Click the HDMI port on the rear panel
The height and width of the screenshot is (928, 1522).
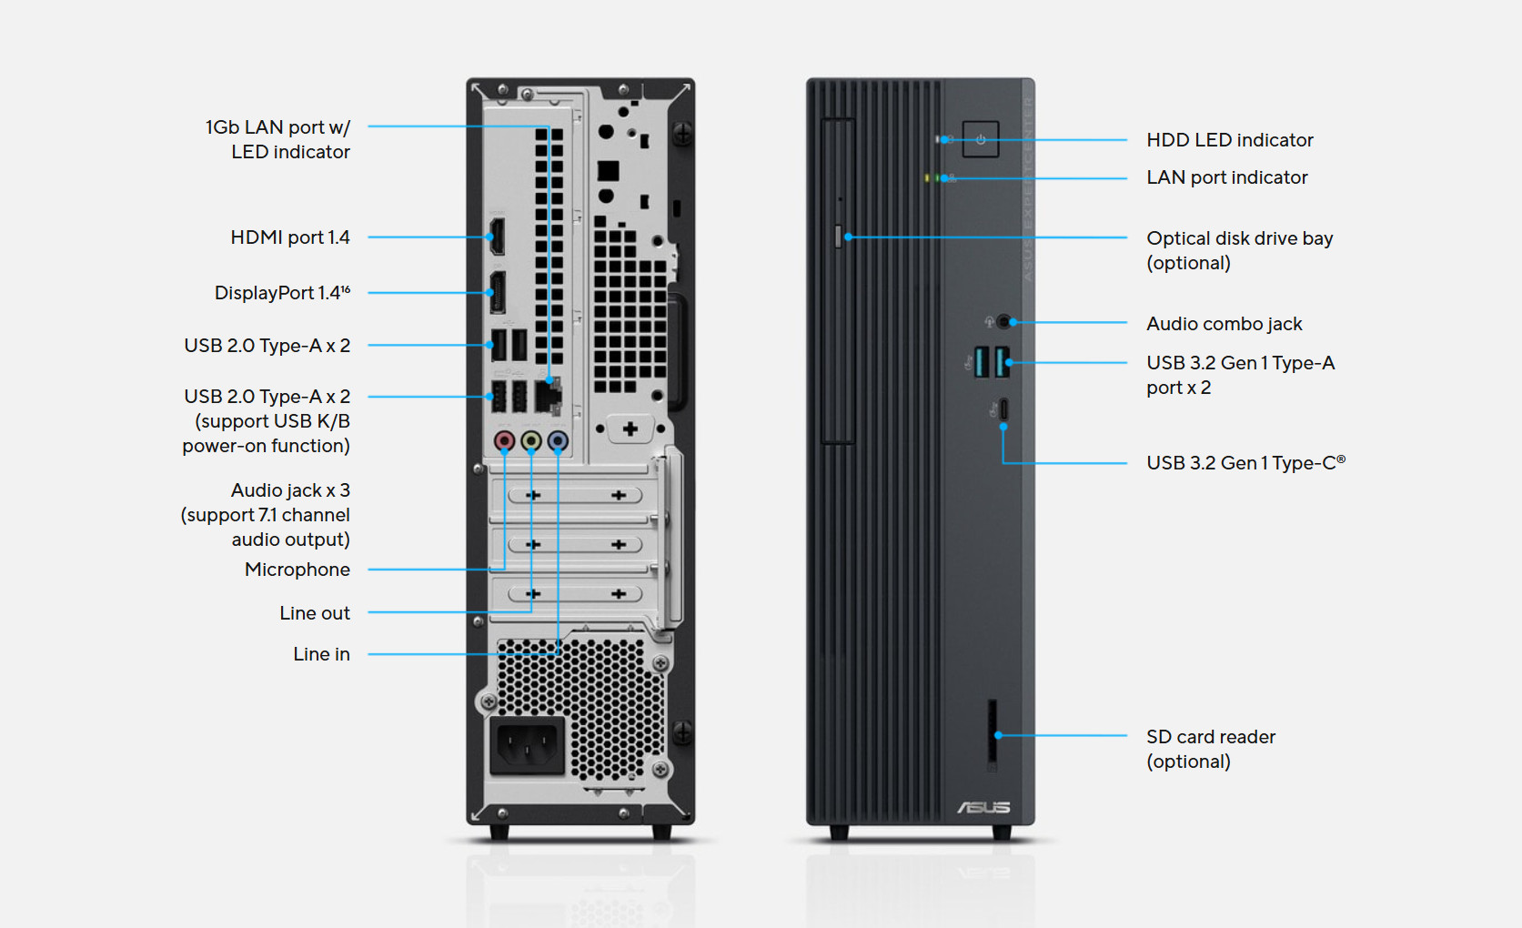tap(497, 237)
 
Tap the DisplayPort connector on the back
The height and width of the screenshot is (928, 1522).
tap(498, 292)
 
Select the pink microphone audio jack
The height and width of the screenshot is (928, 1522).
tap(504, 441)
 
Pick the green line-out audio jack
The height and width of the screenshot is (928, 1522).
tap(531, 441)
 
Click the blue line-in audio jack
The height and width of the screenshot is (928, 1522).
tap(558, 441)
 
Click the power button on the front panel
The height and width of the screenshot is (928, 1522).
tap(981, 139)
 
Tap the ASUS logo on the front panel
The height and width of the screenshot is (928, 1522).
tap(983, 807)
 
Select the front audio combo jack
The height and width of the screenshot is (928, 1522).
tap(1003, 321)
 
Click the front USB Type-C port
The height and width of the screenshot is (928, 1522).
tap(1003, 409)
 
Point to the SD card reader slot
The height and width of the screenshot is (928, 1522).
tap(993, 733)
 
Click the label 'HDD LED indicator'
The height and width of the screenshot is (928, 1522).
tap(1229, 140)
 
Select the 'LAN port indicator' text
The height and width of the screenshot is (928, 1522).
tap(1226, 177)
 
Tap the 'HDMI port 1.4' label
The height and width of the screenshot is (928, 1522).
tap(289, 237)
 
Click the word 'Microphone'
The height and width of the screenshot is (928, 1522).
tap(297, 570)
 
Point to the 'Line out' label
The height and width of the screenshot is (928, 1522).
tap(314, 613)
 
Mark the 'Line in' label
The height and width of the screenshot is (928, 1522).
tap(321, 654)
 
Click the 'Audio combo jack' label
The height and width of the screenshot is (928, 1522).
tap(1224, 324)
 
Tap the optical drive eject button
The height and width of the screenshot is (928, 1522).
tap(838, 237)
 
